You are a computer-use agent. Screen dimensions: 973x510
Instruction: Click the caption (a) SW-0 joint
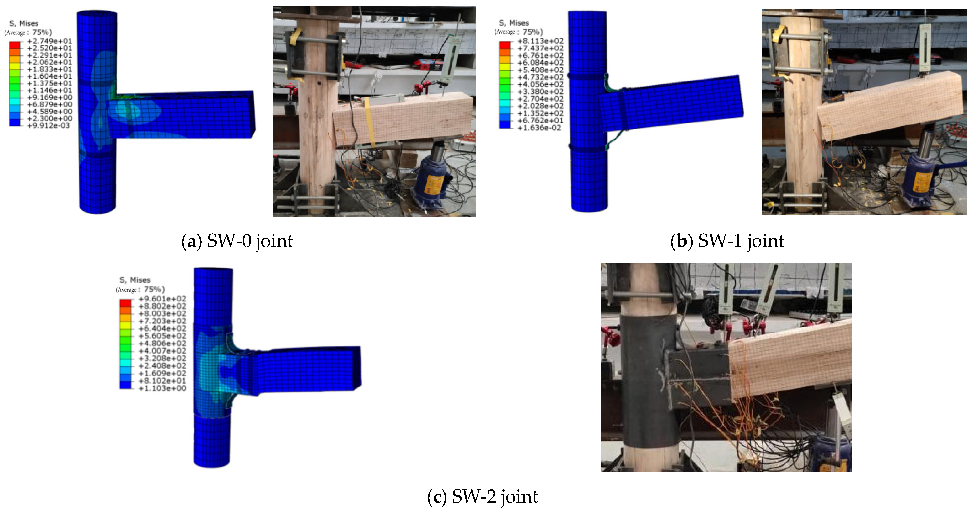tap(237, 241)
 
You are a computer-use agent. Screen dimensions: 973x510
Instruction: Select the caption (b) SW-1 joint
tap(727, 241)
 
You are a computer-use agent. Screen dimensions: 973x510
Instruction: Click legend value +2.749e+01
tap(49, 41)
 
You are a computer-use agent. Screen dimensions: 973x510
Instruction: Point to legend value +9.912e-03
tap(49, 125)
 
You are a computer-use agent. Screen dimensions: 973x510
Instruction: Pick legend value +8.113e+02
tap(540, 41)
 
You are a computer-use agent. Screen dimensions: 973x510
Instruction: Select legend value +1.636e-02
tap(539, 128)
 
